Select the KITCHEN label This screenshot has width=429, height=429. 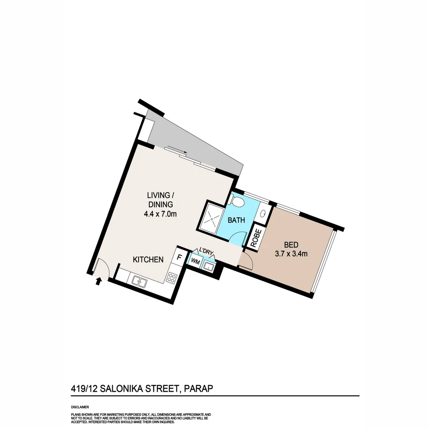[148, 260]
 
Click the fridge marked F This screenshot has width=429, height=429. [179, 257]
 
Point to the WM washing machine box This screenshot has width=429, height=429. [195, 261]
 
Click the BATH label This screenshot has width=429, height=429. [236, 220]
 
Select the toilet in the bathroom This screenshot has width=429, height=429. [238, 201]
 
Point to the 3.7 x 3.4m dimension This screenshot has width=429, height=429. [291, 254]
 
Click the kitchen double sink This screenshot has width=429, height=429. [139, 282]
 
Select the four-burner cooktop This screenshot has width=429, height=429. [172, 277]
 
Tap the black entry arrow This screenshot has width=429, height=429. [99, 282]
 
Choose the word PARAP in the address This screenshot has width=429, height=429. [199, 388]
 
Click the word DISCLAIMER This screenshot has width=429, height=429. [80, 407]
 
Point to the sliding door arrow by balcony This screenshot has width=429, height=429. [177, 149]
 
